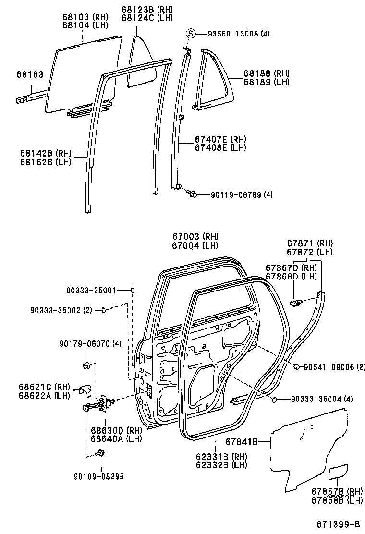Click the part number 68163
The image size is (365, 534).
pyautogui.click(x=29, y=74)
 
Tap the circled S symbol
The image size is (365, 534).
pyautogui.click(x=191, y=34)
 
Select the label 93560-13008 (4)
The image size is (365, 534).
pyautogui.click(x=239, y=34)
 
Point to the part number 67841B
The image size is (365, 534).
pyautogui.click(x=242, y=441)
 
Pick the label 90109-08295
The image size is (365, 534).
pyautogui.click(x=98, y=476)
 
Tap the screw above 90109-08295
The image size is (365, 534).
pyautogui.click(x=101, y=452)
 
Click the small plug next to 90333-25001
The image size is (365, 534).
pyautogui.click(x=133, y=291)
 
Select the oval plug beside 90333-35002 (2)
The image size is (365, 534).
pyautogui.click(x=102, y=310)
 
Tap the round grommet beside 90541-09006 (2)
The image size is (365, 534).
pyautogui.click(x=296, y=367)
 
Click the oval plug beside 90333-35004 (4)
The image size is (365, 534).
pyautogui.click(x=274, y=399)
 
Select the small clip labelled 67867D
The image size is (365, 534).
pyautogui.click(x=297, y=303)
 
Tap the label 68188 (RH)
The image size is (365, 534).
pyautogui.click(x=267, y=73)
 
